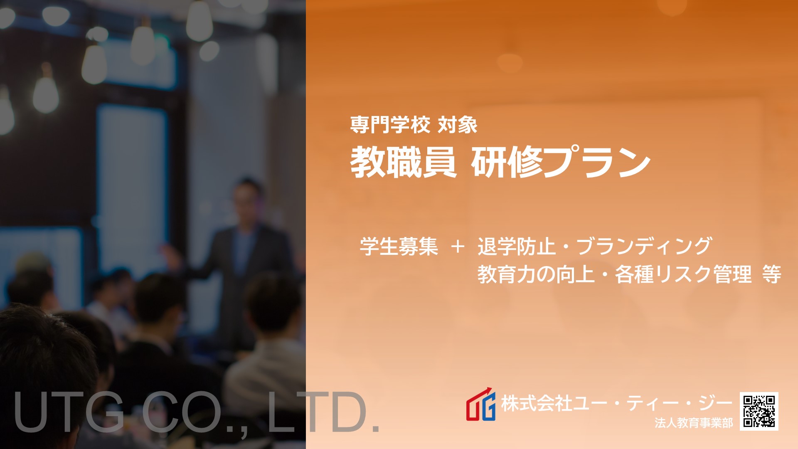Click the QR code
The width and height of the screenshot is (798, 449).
tap(759, 411)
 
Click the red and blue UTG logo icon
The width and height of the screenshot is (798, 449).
tap(481, 405)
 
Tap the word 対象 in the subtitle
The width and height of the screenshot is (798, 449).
tap(457, 125)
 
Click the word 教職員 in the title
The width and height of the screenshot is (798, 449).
tap(403, 162)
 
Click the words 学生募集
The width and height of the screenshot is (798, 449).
tap(399, 246)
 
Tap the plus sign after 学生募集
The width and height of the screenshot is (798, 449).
tap(457, 247)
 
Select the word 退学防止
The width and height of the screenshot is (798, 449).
tap(517, 246)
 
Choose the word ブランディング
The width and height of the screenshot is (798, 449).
tap(645, 246)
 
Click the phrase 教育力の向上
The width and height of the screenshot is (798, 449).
tap(536, 274)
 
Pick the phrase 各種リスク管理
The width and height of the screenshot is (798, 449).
tap(683, 274)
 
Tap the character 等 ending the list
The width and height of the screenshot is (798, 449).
tap(772, 274)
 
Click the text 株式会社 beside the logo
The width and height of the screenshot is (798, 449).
tap(536, 403)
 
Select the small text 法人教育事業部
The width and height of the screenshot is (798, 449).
tap(694, 423)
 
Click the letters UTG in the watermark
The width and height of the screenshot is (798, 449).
tap(69, 412)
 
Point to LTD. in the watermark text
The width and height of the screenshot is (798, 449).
tap(324, 412)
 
